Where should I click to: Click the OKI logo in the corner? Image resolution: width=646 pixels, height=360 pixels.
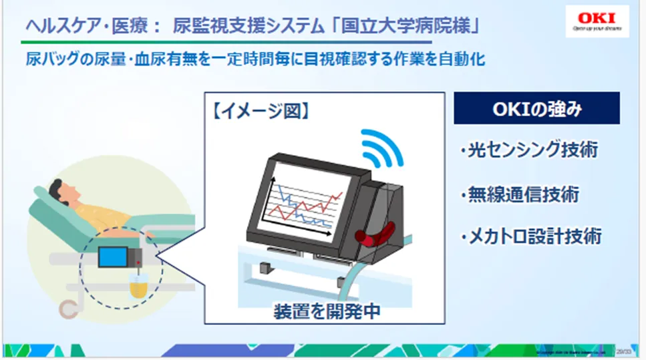tap(597, 21)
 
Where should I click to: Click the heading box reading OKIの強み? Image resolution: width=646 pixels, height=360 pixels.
tap(536, 108)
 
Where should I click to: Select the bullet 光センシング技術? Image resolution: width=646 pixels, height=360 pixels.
tap(528, 150)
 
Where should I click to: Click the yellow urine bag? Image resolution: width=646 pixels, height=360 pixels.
tap(138, 287)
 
